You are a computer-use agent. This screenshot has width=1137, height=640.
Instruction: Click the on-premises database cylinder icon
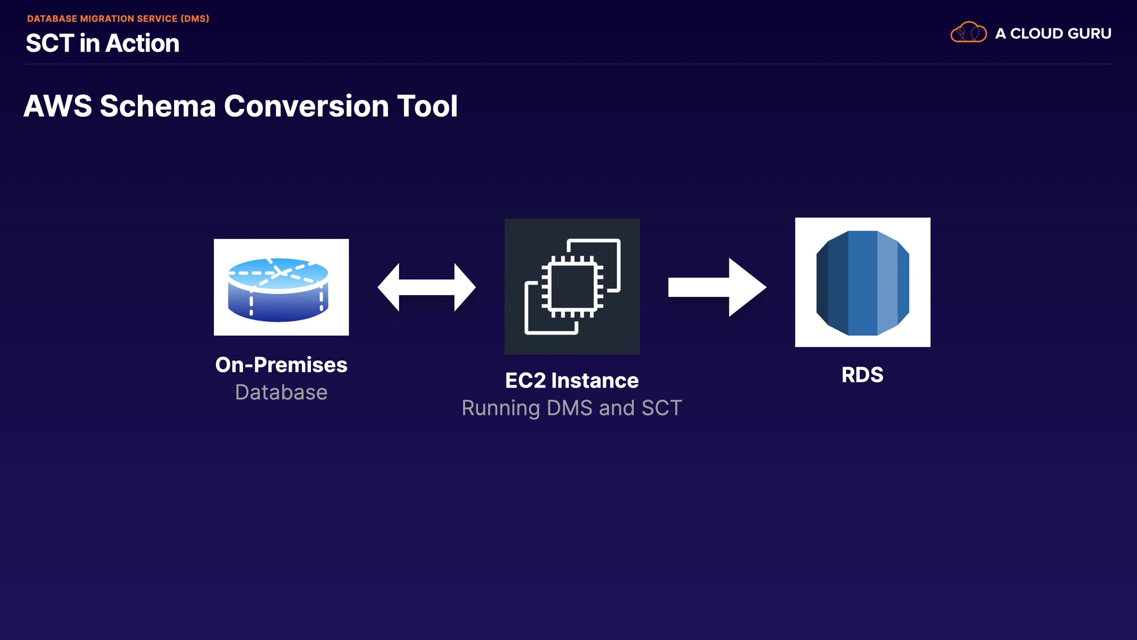(x=278, y=289)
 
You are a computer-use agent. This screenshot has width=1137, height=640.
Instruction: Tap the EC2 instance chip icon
(x=572, y=286)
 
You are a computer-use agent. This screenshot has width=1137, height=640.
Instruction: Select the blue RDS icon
(x=862, y=283)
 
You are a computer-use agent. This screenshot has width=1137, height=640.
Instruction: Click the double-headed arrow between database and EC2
(x=426, y=287)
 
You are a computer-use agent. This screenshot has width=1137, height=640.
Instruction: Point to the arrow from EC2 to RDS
(x=717, y=287)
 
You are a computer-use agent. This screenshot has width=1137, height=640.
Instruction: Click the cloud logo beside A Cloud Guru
(x=968, y=33)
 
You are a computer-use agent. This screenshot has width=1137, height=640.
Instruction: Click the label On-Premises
(x=281, y=365)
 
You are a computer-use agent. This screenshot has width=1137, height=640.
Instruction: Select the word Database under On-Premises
(x=281, y=392)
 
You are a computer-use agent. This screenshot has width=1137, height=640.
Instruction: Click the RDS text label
(x=862, y=375)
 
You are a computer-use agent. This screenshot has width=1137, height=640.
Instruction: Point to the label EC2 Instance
(x=572, y=380)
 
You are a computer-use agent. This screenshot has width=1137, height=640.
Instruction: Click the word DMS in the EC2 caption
(x=569, y=408)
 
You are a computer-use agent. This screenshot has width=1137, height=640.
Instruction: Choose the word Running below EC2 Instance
(x=500, y=408)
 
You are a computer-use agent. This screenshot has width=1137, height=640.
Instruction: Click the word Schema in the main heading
(x=158, y=107)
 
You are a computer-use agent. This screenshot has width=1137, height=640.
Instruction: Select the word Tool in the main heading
(x=427, y=107)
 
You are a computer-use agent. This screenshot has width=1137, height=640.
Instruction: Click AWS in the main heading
(x=57, y=107)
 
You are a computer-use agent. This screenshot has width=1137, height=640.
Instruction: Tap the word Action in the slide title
(x=142, y=43)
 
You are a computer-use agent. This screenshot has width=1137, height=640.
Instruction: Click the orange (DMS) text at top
(x=195, y=19)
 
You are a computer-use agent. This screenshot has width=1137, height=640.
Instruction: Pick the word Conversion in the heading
(x=307, y=107)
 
